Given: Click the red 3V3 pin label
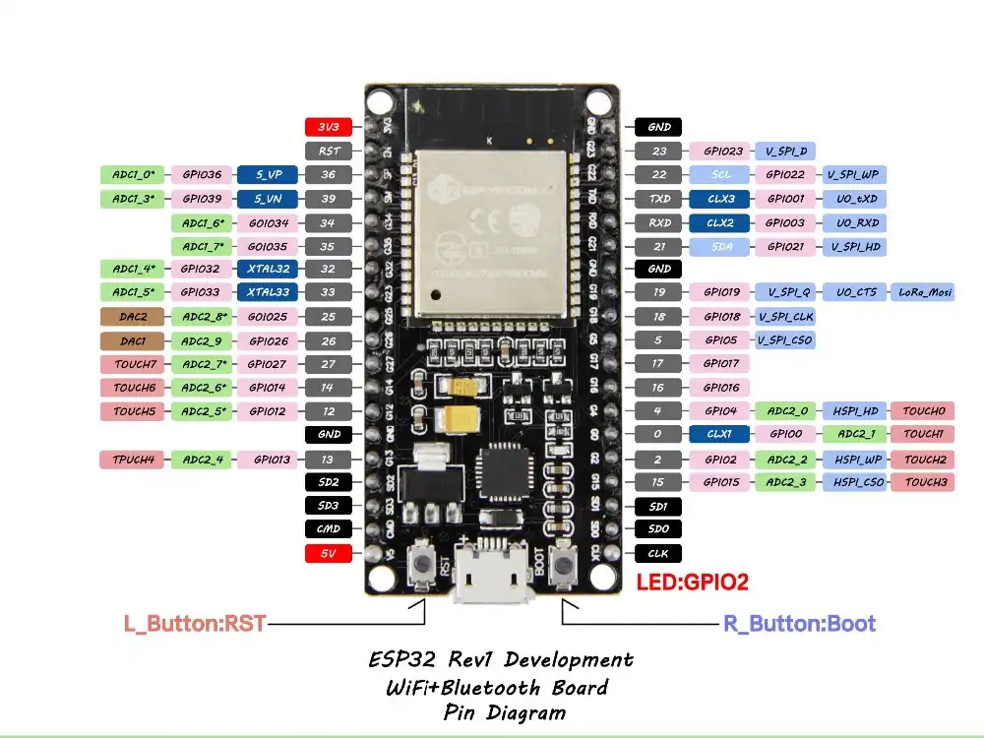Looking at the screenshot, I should [x=328, y=127].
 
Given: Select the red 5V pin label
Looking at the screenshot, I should [x=328, y=553].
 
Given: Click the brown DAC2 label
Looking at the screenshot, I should [x=133, y=317].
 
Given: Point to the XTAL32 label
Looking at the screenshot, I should [x=269, y=269].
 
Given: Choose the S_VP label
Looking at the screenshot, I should [x=269, y=174].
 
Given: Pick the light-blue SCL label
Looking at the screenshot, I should [x=721, y=174].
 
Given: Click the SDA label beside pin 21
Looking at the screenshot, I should [x=721, y=246].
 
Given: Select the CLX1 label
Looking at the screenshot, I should [x=721, y=434].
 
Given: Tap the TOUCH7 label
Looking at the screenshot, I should [x=133, y=364].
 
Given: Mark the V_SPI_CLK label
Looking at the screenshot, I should [x=784, y=317].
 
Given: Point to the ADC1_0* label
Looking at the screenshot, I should [x=133, y=174].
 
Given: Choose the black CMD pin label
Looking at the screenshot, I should [x=328, y=529].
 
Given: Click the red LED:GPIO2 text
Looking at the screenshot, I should [x=693, y=583].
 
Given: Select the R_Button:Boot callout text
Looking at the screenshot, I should [x=799, y=624].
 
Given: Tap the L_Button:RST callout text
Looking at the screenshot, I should [x=194, y=624].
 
